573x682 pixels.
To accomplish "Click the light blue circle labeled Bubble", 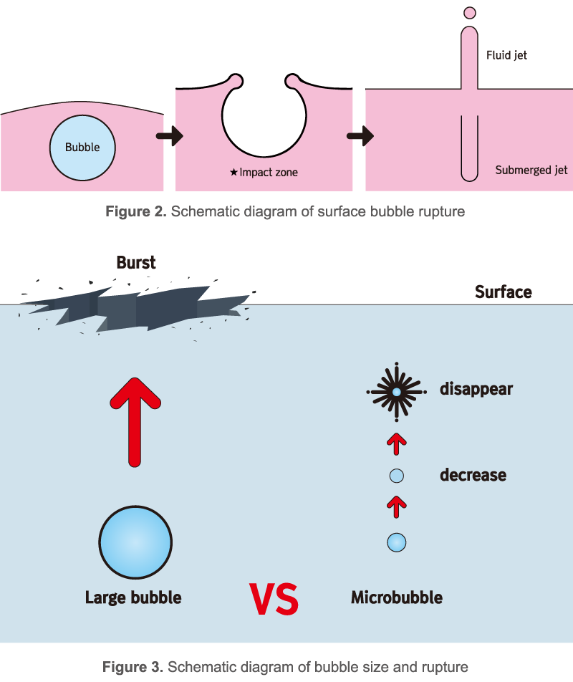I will (82, 148).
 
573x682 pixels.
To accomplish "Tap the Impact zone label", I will (264, 173).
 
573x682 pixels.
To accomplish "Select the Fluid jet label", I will (506, 54).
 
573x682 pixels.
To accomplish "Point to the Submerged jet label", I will (531, 170).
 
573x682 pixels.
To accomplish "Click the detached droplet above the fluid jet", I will (470, 12).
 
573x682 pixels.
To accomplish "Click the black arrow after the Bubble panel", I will (170, 135).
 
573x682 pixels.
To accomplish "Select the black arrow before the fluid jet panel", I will (360, 135).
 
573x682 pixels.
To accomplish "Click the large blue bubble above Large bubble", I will (135, 542).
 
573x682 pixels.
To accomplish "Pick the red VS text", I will (274, 600).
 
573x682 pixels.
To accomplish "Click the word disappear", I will (476, 390).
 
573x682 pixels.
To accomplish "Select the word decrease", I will (473, 475).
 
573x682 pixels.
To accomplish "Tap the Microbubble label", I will (396, 597).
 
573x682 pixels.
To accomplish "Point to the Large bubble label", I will (133, 597).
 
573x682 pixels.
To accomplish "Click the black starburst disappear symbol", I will (396, 392).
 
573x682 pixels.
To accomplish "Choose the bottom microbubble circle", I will (396, 542).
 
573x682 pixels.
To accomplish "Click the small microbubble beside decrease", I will (396, 476).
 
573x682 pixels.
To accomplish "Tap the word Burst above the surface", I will (136, 263).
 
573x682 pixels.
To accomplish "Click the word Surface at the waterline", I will (504, 292).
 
